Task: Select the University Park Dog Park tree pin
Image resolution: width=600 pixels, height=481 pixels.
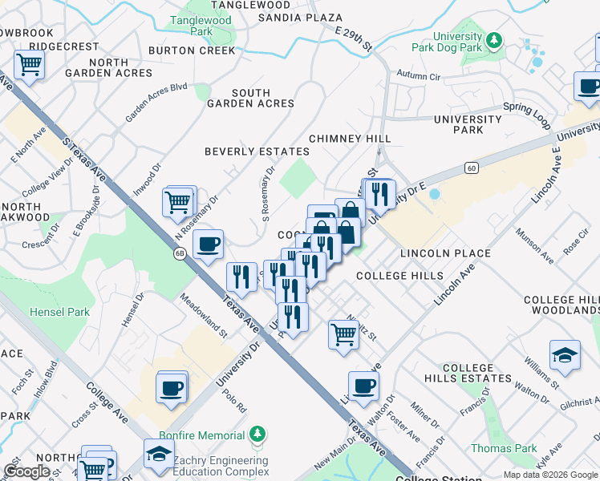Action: [x=495, y=39]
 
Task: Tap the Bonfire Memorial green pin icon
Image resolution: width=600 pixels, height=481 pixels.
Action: [x=257, y=435]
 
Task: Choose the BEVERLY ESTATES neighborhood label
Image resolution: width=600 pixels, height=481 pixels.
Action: [x=257, y=152]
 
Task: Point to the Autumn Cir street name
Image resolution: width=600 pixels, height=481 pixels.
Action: [x=425, y=77]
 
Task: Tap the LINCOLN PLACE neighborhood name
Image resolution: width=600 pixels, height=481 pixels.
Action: [x=445, y=253]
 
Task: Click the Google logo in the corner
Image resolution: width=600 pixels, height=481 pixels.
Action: [x=26, y=471]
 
